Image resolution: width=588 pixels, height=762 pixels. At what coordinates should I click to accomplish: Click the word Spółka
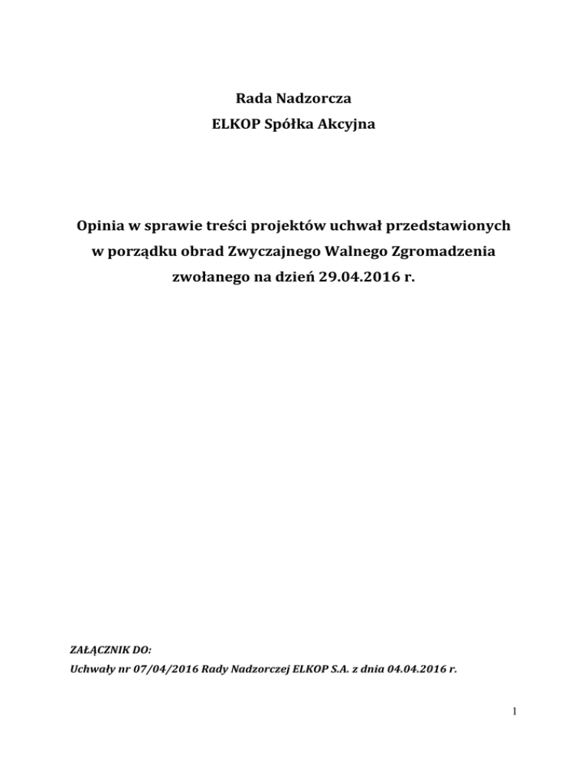point(287,124)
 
